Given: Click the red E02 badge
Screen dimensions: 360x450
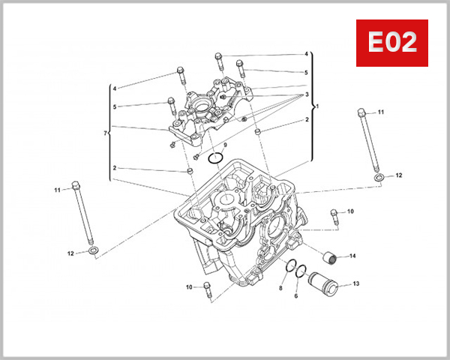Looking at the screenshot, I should click(x=391, y=43).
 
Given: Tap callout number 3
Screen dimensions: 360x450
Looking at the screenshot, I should click(x=306, y=94).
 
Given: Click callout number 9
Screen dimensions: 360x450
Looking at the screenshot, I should click(x=224, y=145).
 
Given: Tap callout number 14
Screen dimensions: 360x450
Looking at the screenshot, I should click(x=352, y=256).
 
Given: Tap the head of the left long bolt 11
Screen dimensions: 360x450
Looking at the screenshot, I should click(x=75, y=185).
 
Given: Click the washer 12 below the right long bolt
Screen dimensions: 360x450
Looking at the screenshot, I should click(x=379, y=175).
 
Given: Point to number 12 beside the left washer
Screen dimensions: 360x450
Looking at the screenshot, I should click(x=70, y=253).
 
